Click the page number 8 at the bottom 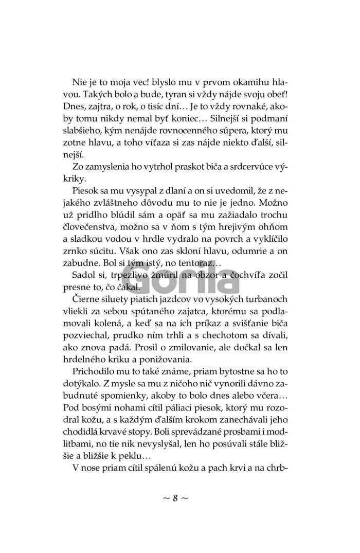click(x=175, y=498)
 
